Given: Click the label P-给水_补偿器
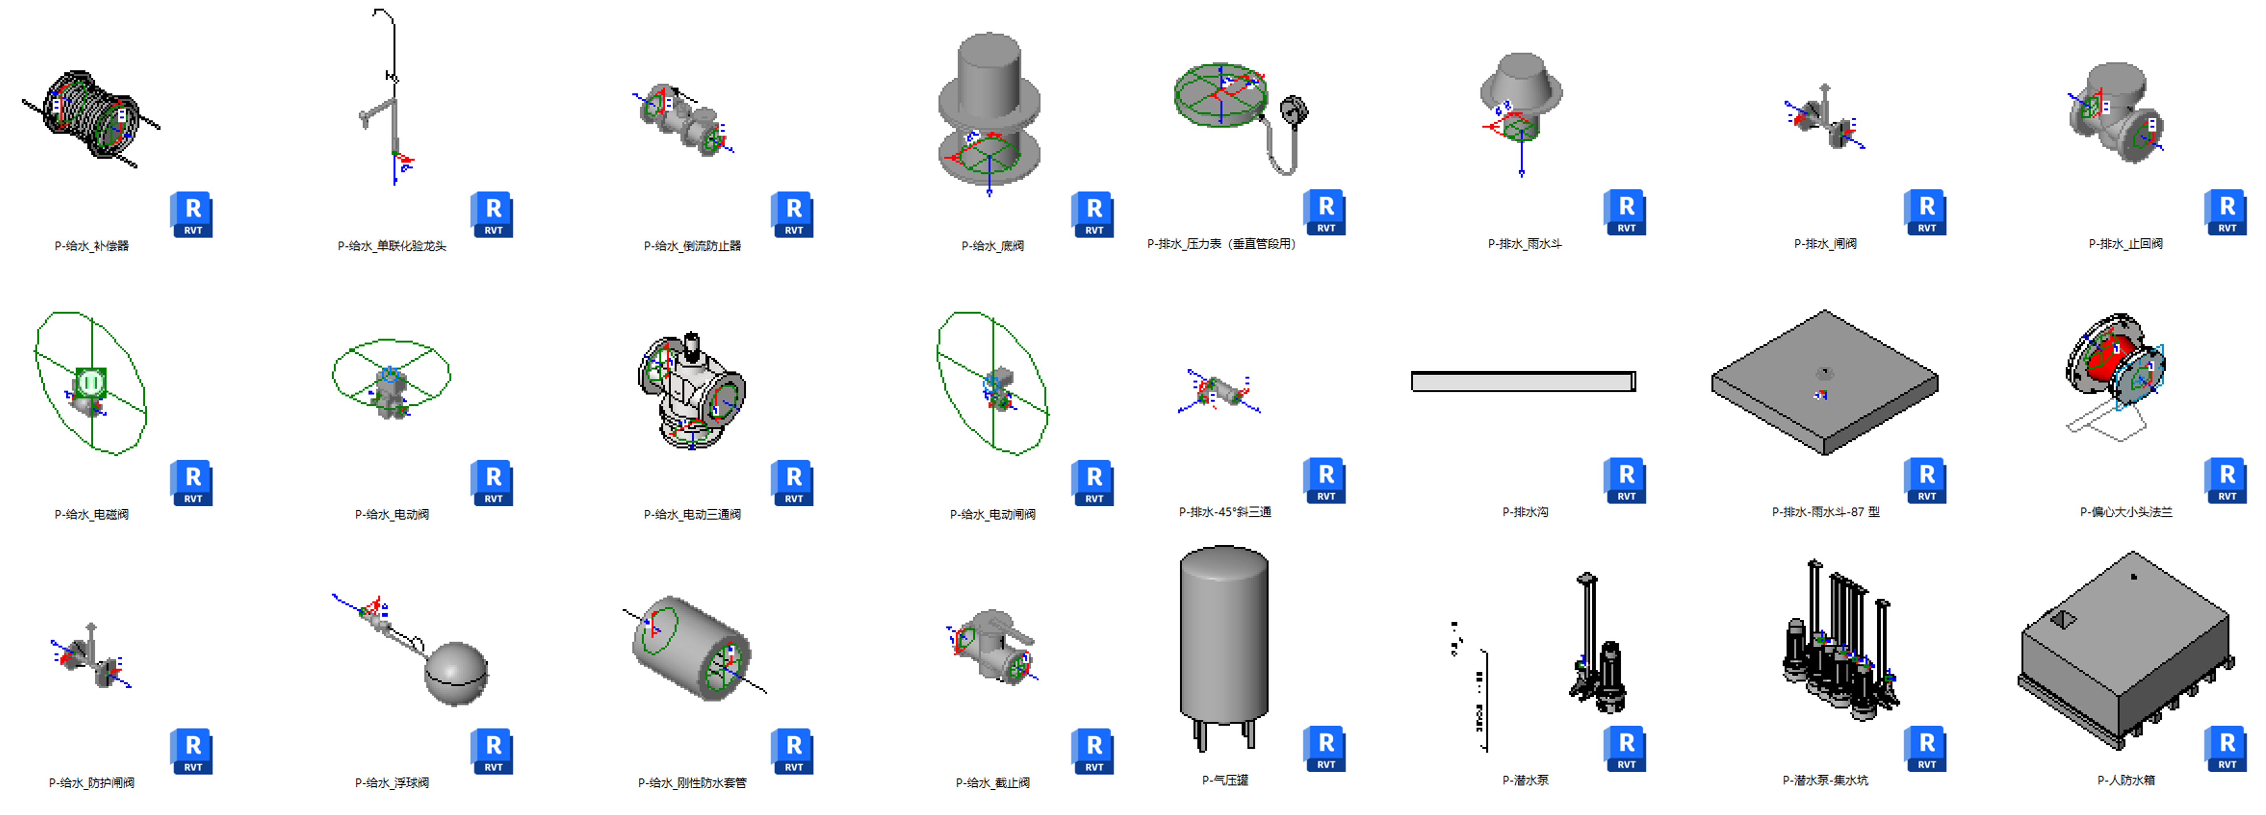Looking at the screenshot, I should (x=92, y=246).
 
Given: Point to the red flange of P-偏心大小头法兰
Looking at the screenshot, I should (x=2111, y=361).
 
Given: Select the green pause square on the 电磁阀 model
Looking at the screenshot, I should (x=91, y=383).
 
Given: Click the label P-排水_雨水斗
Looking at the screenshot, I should (x=1524, y=244).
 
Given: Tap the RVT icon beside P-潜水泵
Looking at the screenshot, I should (x=1626, y=748).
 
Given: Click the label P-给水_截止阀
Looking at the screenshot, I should (x=992, y=782).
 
